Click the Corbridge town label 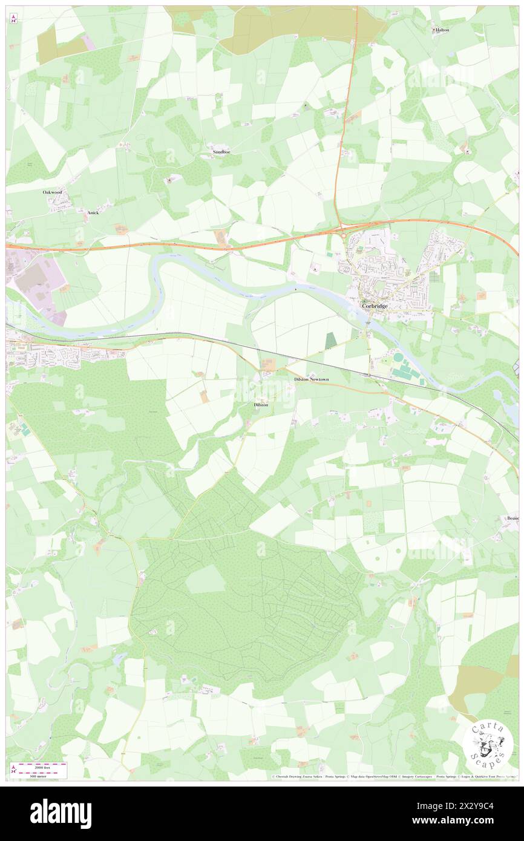[x=375, y=307]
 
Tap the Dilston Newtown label [x=310, y=379]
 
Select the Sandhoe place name [x=221, y=152]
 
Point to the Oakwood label [x=53, y=192]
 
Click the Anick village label [x=93, y=213]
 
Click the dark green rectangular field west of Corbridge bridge [x=330, y=340]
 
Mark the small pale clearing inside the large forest [x=205, y=580]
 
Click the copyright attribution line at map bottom [x=393, y=776]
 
